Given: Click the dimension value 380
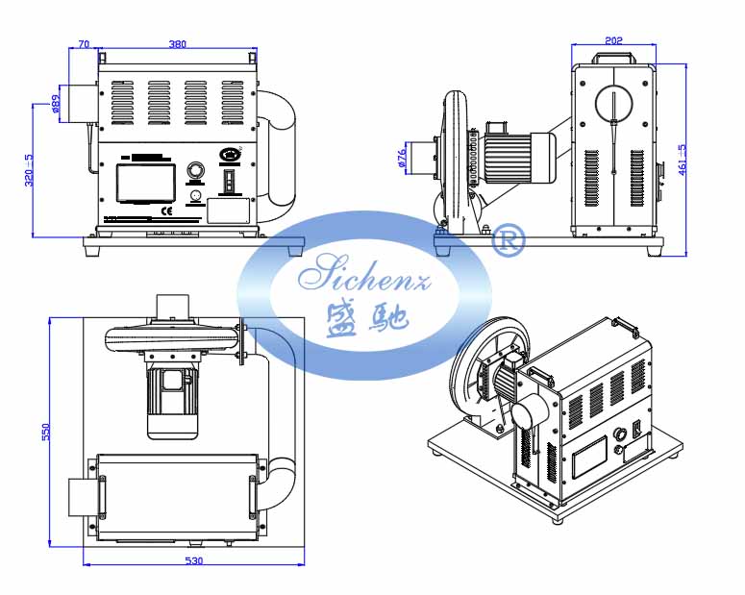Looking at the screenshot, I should click(x=177, y=43).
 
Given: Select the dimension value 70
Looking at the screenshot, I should click(x=83, y=43).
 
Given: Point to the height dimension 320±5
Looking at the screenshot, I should click(x=29, y=170).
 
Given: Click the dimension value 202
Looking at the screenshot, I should click(x=614, y=40).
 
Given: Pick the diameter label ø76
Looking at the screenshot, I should click(x=401, y=157).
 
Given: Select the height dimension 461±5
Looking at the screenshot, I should click(x=683, y=159).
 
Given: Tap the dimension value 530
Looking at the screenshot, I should click(x=193, y=560).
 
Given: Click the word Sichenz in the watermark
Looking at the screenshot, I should click(x=366, y=277).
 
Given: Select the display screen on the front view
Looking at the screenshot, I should click(x=145, y=183).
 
